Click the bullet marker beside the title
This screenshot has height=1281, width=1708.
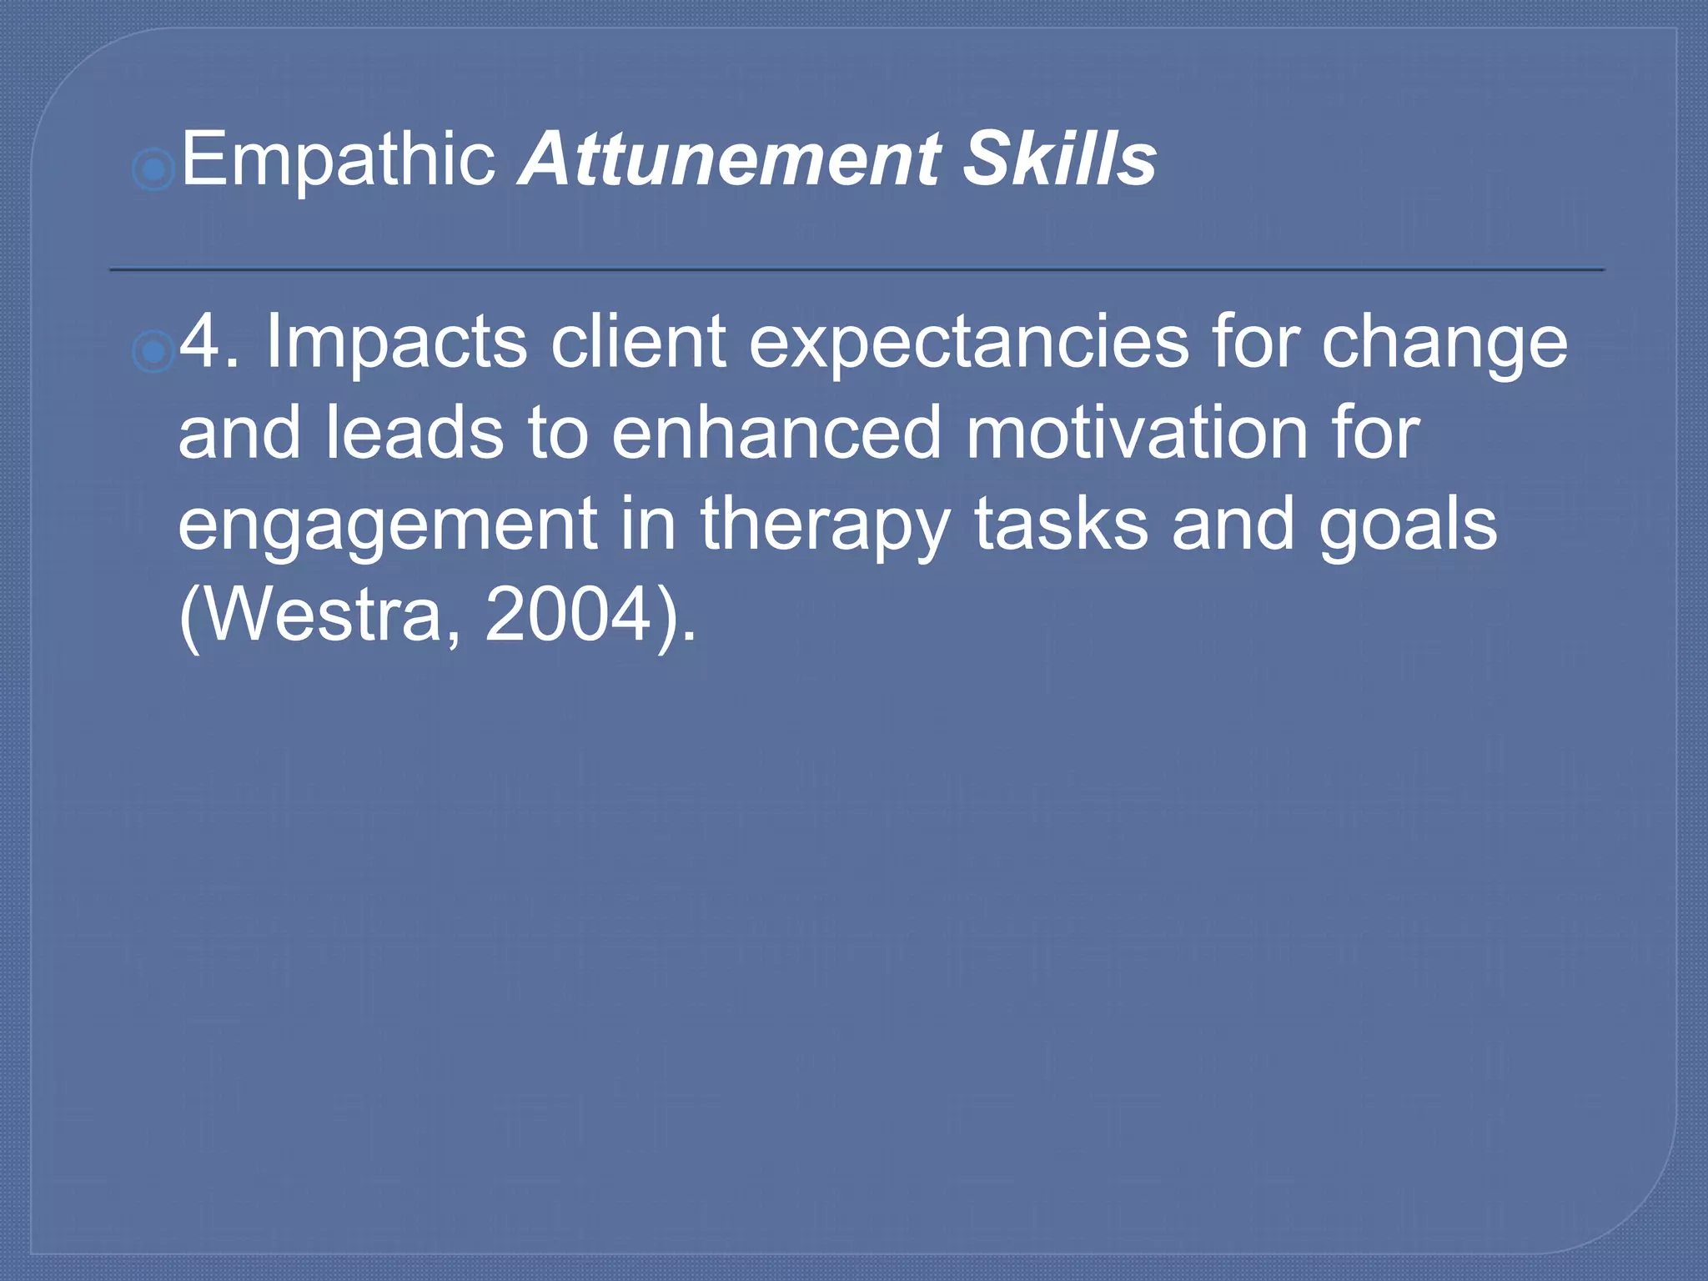click(x=153, y=171)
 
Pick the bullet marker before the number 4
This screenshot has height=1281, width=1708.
click(x=153, y=353)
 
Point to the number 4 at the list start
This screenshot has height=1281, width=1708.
click(x=200, y=342)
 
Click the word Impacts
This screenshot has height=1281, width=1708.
click(x=395, y=342)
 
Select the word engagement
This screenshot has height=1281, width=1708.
click(x=388, y=525)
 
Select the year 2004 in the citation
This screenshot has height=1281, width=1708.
click(x=567, y=615)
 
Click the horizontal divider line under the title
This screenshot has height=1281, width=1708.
click(x=857, y=269)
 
